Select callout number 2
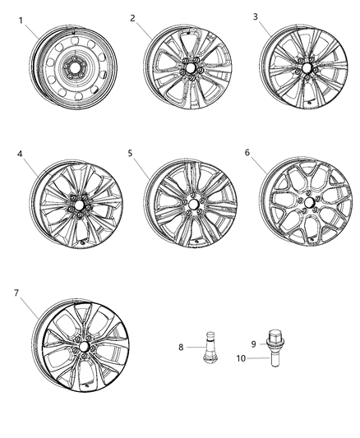coord(133,16)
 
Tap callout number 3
coord(255,16)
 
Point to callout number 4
coord(18,153)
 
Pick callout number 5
coord(132,153)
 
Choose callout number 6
coord(247,153)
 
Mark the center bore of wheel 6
coord(307,202)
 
